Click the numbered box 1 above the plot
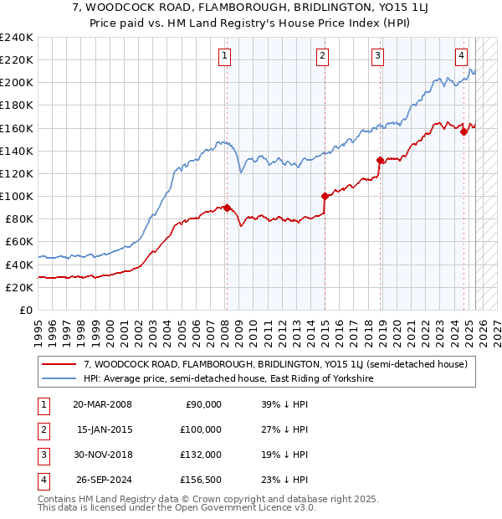click(x=226, y=56)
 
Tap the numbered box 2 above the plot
click(x=322, y=56)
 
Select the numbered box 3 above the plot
click(x=378, y=56)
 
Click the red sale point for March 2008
click(x=226, y=208)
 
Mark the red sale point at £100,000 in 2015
click(x=324, y=196)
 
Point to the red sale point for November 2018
click(x=380, y=160)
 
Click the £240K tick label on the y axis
click(x=17, y=38)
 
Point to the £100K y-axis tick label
click(x=17, y=196)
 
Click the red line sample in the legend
click(x=59, y=365)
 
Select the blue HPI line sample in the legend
click(x=59, y=378)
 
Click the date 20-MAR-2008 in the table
click(x=103, y=404)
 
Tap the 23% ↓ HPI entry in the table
click(x=284, y=480)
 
